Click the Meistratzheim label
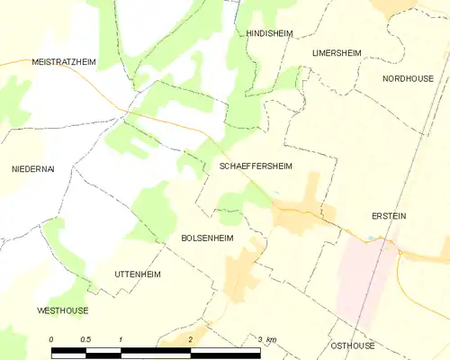coord(63,61)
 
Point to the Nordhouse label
coord(407,78)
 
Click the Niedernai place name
coord(33,169)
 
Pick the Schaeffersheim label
coord(256,166)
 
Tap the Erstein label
coord(389,216)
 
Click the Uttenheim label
coord(137,273)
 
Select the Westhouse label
coord(63,310)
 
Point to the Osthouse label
coord(352,346)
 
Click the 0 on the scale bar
coord(51,338)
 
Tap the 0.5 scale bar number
coord(85,338)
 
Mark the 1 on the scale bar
coord(121,338)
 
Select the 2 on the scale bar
coord(191,338)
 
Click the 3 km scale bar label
coord(266,338)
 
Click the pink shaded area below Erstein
coord(369,270)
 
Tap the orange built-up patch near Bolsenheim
coord(240,270)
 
